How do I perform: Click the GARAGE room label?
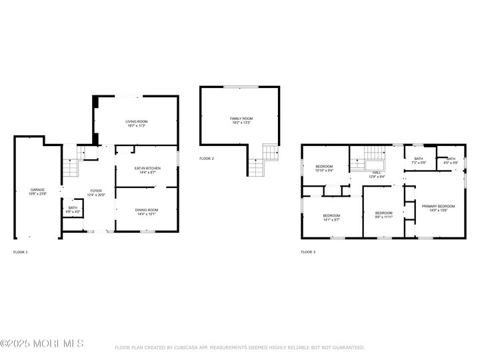pos(37,189)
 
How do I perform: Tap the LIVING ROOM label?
pos(136,121)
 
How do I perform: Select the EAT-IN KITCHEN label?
pos(147,168)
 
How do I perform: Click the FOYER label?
pos(97,191)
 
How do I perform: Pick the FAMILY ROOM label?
pos(242,118)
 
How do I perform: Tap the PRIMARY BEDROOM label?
pos(438,206)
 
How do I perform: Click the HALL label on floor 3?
pos(377,172)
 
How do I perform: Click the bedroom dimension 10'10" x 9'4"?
pos(324,170)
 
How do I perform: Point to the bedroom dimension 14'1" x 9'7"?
pos(331,219)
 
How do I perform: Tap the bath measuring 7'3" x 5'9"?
pos(419,162)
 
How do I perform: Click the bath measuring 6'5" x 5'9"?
pos(451,162)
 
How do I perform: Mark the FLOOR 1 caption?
pos(21,252)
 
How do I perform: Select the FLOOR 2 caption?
pos(207,159)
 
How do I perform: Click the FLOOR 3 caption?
pos(308,252)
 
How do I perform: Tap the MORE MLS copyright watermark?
pos(42,343)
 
